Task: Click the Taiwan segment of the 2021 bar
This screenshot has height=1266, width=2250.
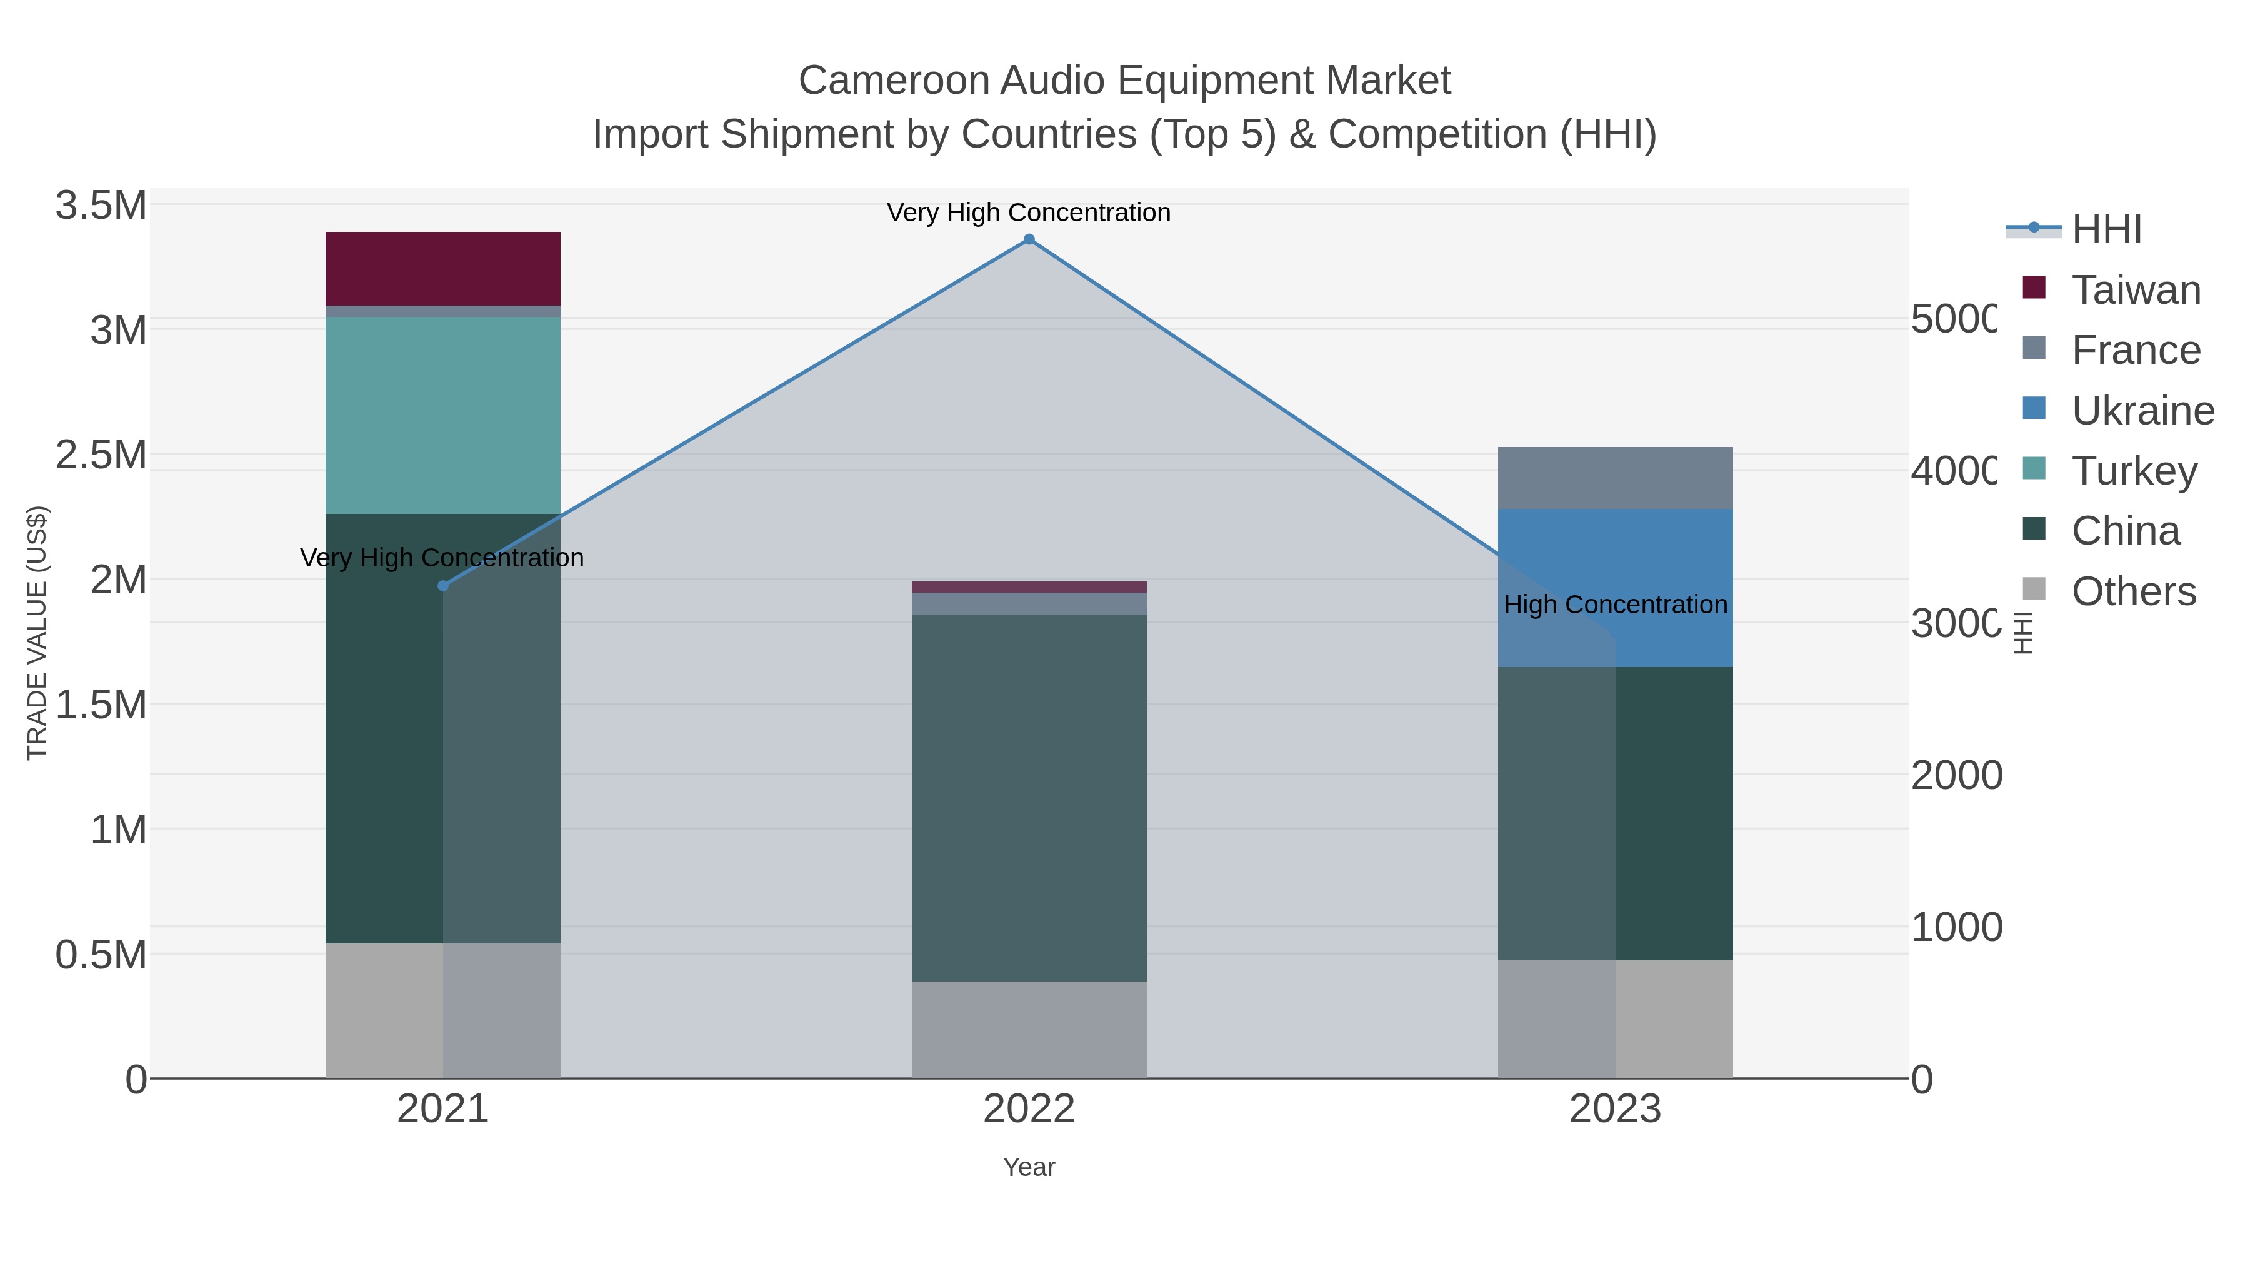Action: pos(443,268)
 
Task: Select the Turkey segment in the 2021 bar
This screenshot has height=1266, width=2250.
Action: pos(443,415)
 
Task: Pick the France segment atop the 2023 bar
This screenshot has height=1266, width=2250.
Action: pos(1615,478)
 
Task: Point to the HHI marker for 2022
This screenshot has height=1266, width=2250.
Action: pos(1029,239)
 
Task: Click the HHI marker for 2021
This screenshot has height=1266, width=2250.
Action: pos(443,586)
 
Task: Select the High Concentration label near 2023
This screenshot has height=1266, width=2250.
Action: pos(1615,605)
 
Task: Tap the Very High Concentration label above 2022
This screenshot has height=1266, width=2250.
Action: pos(1029,213)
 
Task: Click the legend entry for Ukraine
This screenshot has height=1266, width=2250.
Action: pos(2142,411)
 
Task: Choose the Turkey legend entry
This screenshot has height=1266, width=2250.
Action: pos(2133,471)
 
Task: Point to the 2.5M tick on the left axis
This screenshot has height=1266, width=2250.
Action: pos(101,455)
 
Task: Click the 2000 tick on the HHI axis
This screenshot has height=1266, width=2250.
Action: pos(1956,776)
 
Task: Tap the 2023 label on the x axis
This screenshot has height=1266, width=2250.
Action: pos(1615,1110)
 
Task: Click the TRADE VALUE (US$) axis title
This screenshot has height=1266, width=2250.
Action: pos(37,633)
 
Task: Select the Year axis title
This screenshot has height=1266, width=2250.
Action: pos(1029,1167)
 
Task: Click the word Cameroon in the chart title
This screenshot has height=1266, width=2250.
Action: pos(894,81)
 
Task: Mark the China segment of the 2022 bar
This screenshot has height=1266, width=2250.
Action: pos(1029,797)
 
